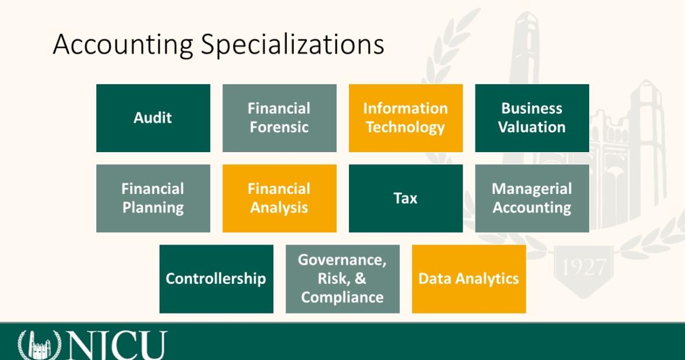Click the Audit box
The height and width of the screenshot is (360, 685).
(153, 118)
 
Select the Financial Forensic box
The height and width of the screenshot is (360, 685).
(280, 118)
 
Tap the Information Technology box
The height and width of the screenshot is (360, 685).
(405, 118)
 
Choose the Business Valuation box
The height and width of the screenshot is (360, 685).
(532, 118)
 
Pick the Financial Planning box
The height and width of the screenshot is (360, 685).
(153, 199)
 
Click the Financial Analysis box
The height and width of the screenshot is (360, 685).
(280, 199)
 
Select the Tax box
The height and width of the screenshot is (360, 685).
(405, 199)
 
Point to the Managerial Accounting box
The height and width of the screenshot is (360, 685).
(532, 199)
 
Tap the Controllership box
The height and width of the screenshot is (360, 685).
(217, 279)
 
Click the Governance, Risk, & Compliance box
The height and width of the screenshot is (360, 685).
(342, 279)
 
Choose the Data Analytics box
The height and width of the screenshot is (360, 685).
(468, 279)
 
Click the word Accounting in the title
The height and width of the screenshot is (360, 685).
(122, 45)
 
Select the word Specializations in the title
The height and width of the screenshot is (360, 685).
(292, 45)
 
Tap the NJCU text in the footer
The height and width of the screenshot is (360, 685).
(117, 345)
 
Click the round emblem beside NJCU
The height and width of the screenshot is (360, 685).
(39, 345)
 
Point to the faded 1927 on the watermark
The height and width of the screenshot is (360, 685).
(584, 267)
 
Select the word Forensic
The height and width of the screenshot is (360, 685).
(279, 127)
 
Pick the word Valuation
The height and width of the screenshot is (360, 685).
(532, 127)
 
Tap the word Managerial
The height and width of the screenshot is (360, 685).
(532, 189)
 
